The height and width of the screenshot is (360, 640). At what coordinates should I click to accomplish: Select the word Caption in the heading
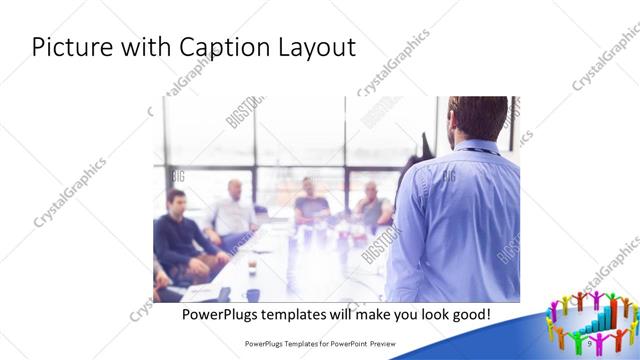pyautogui.click(x=222, y=48)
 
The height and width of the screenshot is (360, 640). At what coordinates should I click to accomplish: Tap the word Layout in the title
pyautogui.click(x=314, y=48)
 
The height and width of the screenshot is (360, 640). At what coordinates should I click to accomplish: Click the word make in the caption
pyautogui.click(x=383, y=314)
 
